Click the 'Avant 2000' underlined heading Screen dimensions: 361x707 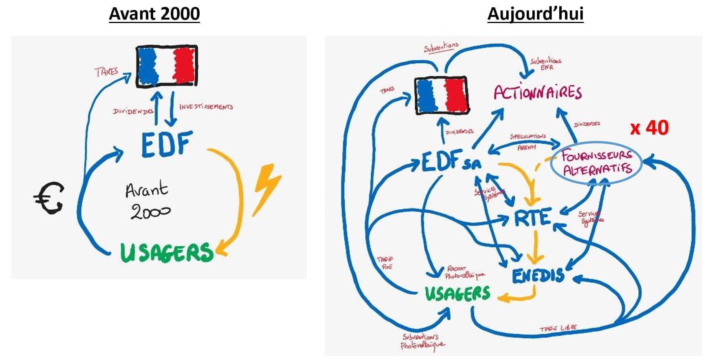click(x=154, y=14)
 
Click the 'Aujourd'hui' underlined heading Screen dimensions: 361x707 click(x=535, y=14)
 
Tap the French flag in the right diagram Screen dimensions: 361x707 click(x=441, y=95)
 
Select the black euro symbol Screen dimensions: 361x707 click(x=49, y=197)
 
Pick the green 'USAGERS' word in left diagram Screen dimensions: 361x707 click(x=166, y=252)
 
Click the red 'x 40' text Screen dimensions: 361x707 click(x=649, y=128)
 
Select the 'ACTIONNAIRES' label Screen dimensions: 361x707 click(x=537, y=93)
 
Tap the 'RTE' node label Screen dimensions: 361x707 click(x=532, y=218)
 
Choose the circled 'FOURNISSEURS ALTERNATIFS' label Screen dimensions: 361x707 click(x=597, y=163)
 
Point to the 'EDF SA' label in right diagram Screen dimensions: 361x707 click(x=451, y=162)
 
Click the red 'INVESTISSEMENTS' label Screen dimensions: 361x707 click(x=206, y=106)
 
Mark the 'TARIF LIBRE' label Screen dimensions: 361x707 click(x=558, y=328)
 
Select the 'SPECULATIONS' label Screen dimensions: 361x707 click(x=528, y=136)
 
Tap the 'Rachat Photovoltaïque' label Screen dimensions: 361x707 click(x=463, y=273)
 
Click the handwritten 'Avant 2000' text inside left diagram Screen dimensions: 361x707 click(x=148, y=201)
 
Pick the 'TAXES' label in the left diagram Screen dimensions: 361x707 click(x=106, y=72)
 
